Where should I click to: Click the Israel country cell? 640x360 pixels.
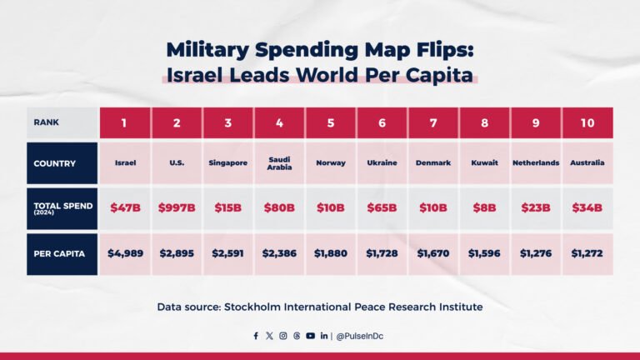tap(126, 162)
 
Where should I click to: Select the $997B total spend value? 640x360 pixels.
tap(177, 208)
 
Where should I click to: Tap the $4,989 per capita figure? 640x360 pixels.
tap(126, 253)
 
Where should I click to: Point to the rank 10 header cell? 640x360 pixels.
tap(587, 122)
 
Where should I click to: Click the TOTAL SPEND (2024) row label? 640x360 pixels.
tap(62, 208)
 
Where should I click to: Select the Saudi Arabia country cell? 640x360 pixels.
tap(279, 162)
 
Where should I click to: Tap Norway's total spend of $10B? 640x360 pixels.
tap(331, 208)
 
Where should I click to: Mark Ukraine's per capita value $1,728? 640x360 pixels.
tap(382, 253)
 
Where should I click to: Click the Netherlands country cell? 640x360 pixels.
tap(536, 162)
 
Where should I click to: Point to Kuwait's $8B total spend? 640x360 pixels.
tap(484, 208)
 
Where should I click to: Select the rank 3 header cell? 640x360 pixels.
tap(228, 122)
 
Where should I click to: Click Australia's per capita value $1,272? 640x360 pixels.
tap(587, 253)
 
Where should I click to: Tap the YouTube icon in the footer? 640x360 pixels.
tap(310, 336)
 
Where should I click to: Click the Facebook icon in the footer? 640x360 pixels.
tap(256, 336)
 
